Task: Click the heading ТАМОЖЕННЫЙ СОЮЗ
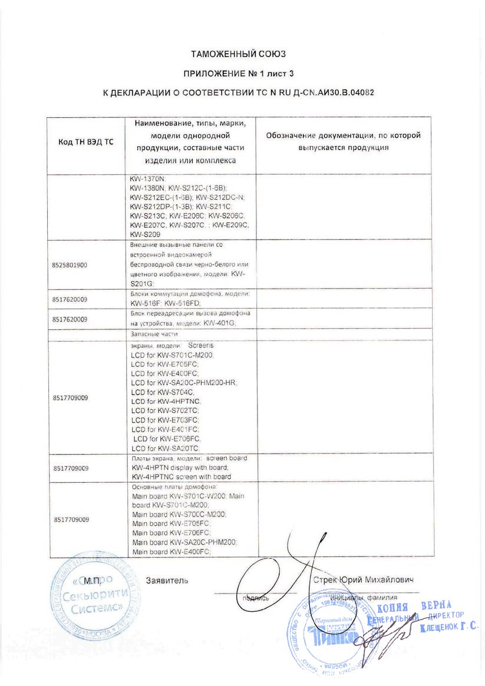click(238, 54)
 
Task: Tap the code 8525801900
click(70, 265)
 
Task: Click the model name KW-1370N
click(149, 178)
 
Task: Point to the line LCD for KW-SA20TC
click(166, 448)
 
